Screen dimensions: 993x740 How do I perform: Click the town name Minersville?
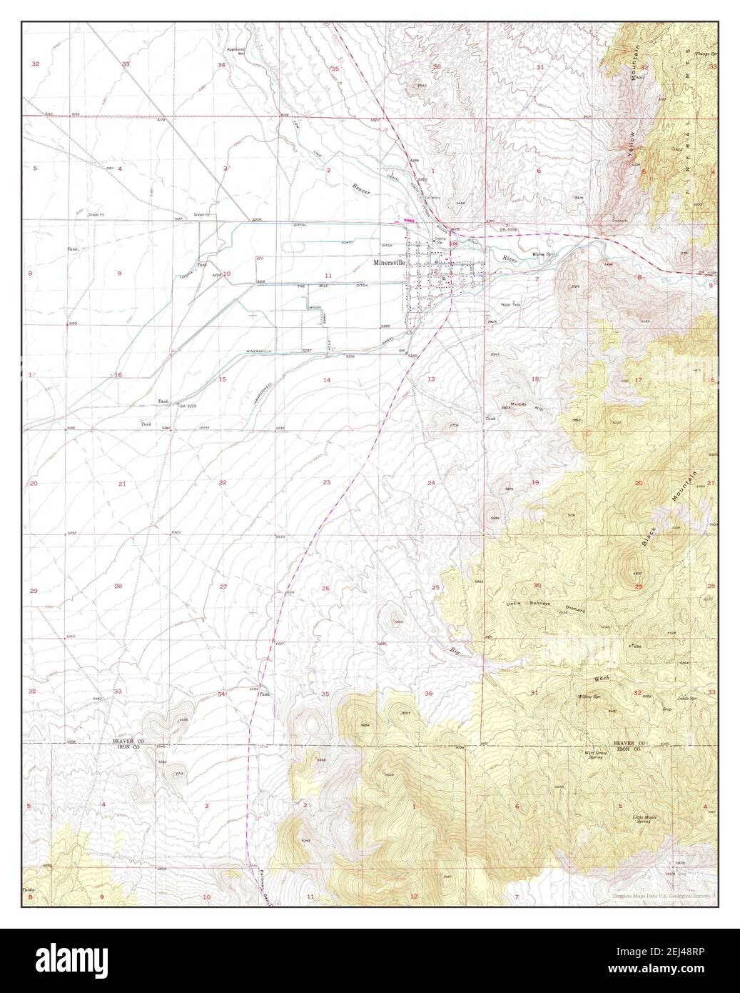tap(388, 263)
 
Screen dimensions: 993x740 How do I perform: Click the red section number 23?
tap(326, 483)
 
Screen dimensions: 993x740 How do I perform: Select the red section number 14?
tap(326, 380)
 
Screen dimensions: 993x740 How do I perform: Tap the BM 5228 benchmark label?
tap(188, 405)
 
